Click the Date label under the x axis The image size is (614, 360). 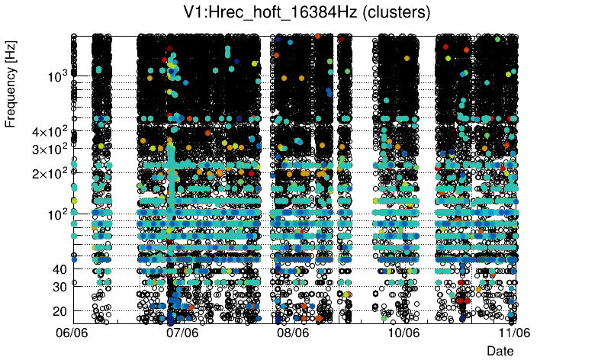coord(500,350)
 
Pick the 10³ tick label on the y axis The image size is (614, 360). coord(56,76)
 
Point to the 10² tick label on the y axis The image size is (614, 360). coord(56,214)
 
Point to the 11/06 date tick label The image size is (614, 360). coord(515,333)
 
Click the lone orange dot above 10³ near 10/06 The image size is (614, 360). coord(407,57)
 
